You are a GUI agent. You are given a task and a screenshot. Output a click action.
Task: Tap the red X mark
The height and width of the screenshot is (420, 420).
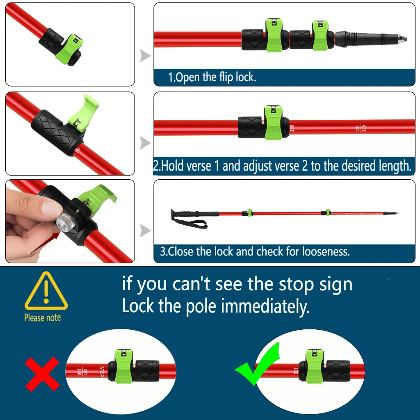pyautogui.click(x=42, y=374)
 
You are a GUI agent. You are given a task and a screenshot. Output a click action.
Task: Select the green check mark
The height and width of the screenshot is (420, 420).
pyautogui.click(x=258, y=364)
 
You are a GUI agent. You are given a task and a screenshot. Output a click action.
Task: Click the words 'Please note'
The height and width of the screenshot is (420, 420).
pyautogui.click(x=43, y=318)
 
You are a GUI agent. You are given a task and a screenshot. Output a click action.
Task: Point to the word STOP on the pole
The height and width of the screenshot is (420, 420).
pyautogui.click(x=102, y=372)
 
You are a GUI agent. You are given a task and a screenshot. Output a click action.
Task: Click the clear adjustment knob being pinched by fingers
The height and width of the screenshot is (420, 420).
pyautogui.click(x=64, y=221)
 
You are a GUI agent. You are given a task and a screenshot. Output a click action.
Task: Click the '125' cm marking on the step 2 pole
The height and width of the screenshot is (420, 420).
pyautogui.click(x=363, y=128)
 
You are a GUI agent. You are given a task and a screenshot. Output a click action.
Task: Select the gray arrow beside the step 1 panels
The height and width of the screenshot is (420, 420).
pyautogui.click(x=145, y=56)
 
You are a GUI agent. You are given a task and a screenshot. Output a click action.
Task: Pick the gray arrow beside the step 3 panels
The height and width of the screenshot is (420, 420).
pyautogui.click(x=145, y=231)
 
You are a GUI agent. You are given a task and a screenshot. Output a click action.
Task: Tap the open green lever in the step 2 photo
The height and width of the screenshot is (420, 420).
pyautogui.click(x=84, y=111)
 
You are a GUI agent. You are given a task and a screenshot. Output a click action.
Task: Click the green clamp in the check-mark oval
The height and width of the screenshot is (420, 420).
pyautogui.click(x=315, y=366)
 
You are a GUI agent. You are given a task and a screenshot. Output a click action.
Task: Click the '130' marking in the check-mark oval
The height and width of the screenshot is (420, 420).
pyautogui.click(x=296, y=370)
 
